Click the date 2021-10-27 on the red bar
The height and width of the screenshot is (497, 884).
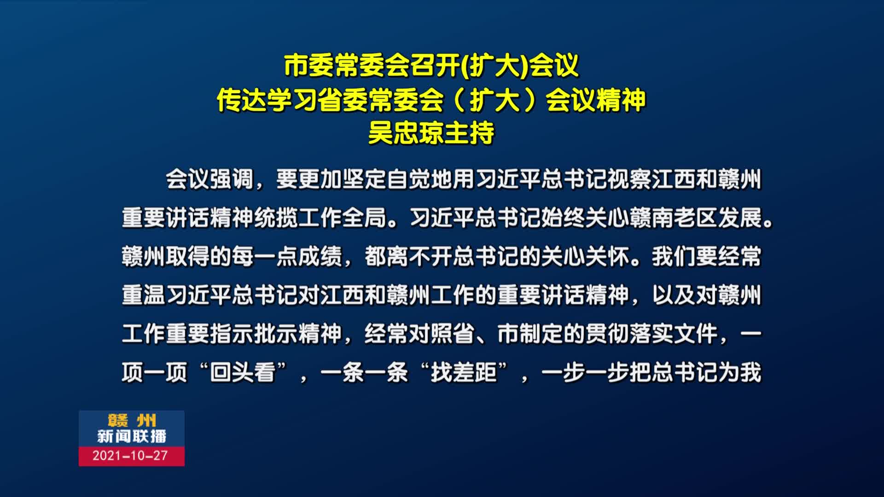pyautogui.click(x=130, y=456)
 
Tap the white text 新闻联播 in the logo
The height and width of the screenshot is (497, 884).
pyautogui.click(x=132, y=436)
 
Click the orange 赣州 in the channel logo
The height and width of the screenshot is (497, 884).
pyautogui.click(x=132, y=420)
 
